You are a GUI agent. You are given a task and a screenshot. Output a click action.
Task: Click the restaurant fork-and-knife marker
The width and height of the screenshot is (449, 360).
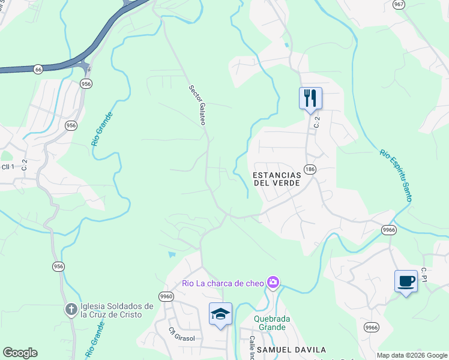pos(310,98)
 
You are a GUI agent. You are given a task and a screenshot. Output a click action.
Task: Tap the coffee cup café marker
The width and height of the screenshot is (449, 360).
pos(406,281)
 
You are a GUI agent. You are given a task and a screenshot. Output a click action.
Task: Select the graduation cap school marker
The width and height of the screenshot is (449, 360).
pos(220,314)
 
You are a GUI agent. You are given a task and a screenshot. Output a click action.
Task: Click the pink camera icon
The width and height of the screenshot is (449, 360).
pos(274,282)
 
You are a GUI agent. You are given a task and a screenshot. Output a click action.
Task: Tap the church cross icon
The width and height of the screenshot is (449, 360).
pos(71,310)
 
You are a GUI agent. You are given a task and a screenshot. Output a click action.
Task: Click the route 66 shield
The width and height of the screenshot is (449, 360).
pos(38,69)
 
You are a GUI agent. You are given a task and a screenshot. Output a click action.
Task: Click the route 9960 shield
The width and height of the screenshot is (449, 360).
pos(166,296)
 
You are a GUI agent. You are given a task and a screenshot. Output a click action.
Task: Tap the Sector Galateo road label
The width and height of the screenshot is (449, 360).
pos(197,104)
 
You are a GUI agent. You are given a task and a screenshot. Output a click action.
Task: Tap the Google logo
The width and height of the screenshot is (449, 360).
pos(20,352)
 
